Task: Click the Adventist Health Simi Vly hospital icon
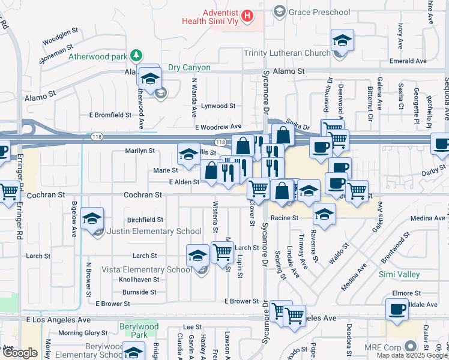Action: point(246,15)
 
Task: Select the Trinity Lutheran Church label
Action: point(287,53)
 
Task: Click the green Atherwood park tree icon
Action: point(137,56)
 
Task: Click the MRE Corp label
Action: point(382,347)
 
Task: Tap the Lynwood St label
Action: point(218,106)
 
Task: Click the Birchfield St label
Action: point(145,220)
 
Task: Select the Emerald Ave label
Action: point(408,61)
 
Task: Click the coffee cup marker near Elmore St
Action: point(396,310)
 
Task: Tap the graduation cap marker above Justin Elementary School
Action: point(92,218)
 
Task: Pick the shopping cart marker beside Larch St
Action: point(222,252)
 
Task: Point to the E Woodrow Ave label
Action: point(217,127)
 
